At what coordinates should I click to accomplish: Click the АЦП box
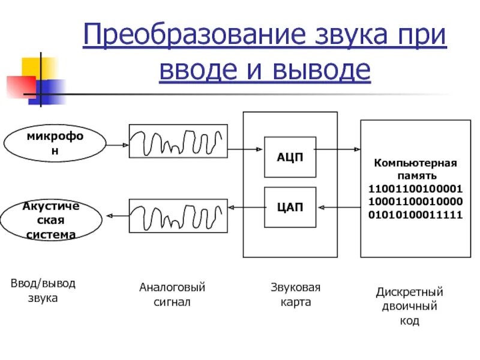click(290, 157)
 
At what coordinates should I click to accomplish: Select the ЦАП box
click(290, 207)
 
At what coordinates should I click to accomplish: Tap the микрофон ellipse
click(55, 144)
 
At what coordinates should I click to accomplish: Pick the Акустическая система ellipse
click(51, 220)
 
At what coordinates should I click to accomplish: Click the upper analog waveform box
click(178, 141)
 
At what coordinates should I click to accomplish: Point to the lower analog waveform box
click(178, 216)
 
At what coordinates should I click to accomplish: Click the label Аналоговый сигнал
click(173, 295)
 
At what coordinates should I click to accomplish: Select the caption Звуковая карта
click(295, 295)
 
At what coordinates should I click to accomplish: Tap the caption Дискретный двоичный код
click(410, 307)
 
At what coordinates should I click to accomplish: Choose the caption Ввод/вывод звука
click(43, 290)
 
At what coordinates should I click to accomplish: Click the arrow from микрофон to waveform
click(118, 144)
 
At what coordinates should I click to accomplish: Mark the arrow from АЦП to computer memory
click(338, 150)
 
